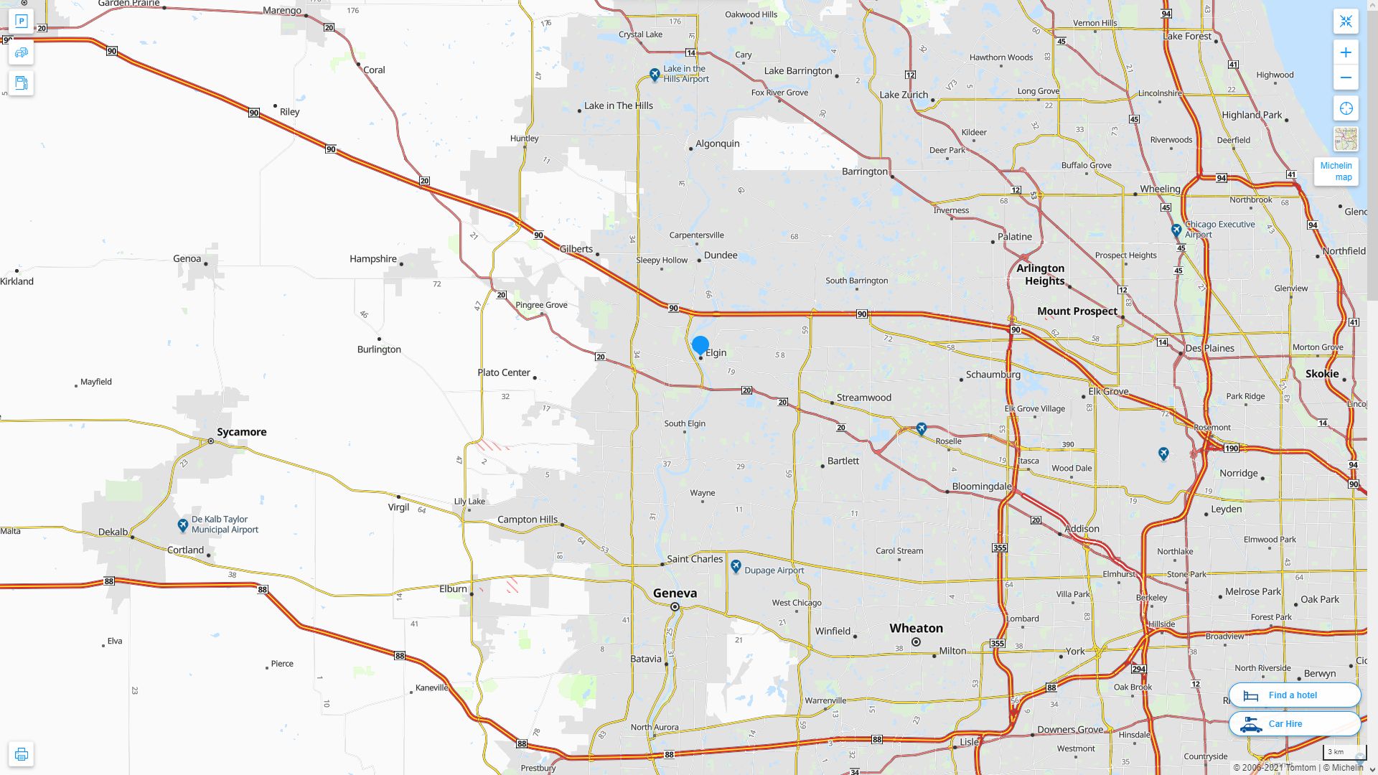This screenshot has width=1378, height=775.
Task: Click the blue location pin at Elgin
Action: click(700, 345)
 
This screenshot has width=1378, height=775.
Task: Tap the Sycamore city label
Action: click(241, 432)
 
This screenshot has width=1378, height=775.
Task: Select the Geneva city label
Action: click(675, 593)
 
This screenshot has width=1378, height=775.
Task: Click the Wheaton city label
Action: click(916, 629)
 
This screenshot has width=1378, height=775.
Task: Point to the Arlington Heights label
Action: click(1041, 274)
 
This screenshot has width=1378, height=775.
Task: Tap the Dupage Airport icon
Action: click(736, 567)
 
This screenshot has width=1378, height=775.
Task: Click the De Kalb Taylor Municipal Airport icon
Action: click(183, 525)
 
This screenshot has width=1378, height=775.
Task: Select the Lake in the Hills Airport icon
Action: click(655, 75)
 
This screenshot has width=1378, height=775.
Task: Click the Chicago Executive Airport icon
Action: click(1176, 230)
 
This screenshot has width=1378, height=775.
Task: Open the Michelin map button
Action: click(1336, 172)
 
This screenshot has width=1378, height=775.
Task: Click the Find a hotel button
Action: click(1294, 695)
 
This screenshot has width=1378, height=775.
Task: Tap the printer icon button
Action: click(22, 754)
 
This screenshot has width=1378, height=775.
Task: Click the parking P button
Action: click(22, 22)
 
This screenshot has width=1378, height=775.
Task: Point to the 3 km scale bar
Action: click(1344, 753)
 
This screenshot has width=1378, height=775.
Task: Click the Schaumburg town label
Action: click(993, 375)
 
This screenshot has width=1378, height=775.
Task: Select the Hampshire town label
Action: click(373, 259)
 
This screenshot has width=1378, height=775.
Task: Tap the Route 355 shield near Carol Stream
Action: click(1000, 548)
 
